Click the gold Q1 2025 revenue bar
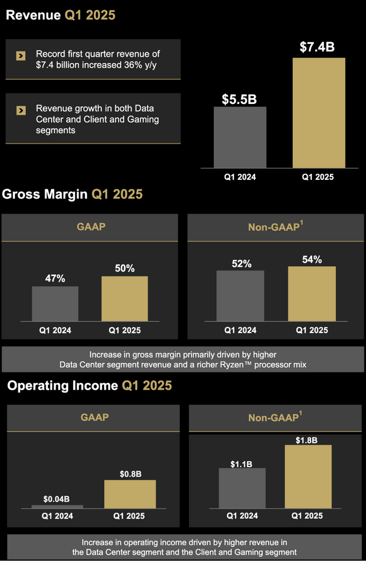point(319,113)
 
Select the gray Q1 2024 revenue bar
point(240,137)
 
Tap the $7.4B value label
point(317,47)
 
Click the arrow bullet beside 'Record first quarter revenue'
point(21,55)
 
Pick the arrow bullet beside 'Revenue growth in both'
point(21,110)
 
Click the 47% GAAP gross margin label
point(55,278)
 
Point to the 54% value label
point(311,259)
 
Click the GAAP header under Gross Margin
point(91,227)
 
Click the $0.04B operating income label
point(57,499)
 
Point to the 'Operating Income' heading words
point(62,386)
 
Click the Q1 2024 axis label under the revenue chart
point(240,177)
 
